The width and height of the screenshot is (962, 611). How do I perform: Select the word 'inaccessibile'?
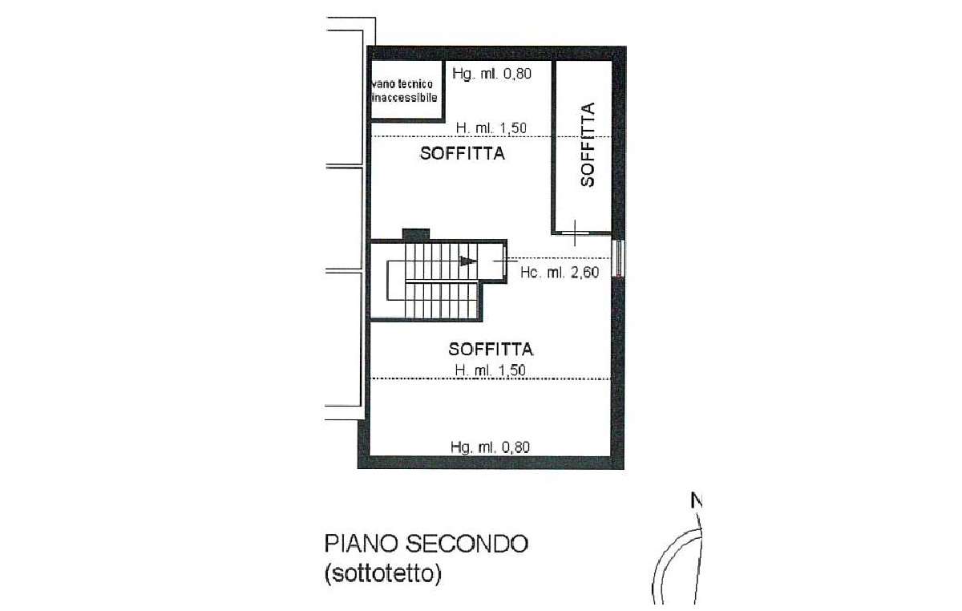pos(403,97)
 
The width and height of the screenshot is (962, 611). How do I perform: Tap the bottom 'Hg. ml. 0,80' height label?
pos(491,447)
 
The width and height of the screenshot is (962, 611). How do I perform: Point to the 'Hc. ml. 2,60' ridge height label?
pos(560,272)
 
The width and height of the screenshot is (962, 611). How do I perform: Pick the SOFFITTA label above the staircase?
pos(463,154)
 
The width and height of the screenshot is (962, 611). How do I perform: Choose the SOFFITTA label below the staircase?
pos(491,349)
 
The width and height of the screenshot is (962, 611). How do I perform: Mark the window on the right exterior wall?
pos(617,258)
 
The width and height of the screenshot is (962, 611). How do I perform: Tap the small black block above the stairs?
pos(415,234)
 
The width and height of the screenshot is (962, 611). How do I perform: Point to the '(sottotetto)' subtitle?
pos(383,575)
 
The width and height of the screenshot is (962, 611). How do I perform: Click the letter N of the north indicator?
pos(697,503)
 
